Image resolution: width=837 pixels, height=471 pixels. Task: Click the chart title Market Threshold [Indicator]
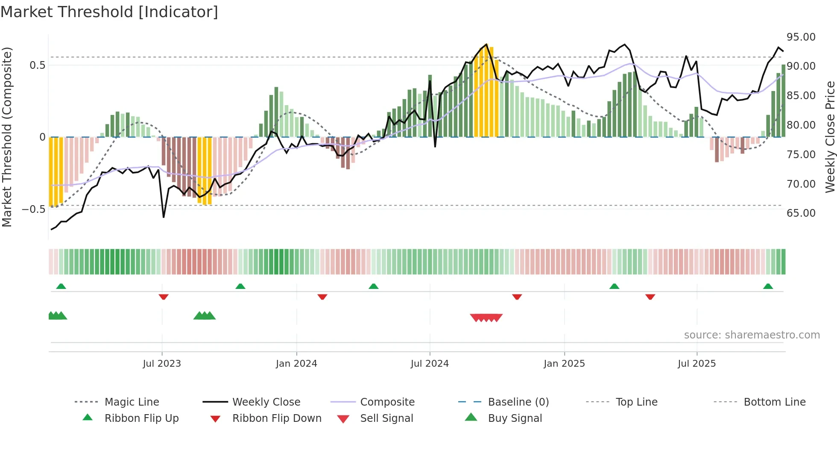[109, 12]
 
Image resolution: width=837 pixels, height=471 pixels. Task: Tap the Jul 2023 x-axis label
[162, 364]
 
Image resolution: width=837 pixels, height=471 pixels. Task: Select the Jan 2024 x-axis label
[296, 364]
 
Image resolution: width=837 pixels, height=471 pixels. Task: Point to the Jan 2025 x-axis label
[564, 364]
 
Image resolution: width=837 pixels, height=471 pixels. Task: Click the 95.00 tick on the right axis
[801, 37]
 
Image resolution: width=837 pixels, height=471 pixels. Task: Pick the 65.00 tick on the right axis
[801, 213]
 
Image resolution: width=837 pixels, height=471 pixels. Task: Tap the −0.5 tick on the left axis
[34, 209]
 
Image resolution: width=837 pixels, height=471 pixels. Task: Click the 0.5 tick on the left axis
[37, 65]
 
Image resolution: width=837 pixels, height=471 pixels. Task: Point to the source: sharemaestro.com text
[752, 335]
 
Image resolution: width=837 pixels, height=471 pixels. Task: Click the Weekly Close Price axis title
[830, 137]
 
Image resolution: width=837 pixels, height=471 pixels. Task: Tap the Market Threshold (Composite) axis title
[7, 137]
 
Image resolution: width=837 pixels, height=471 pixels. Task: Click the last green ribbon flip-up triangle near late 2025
[768, 286]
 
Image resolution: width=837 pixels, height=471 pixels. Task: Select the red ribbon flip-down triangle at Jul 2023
[164, 297]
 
